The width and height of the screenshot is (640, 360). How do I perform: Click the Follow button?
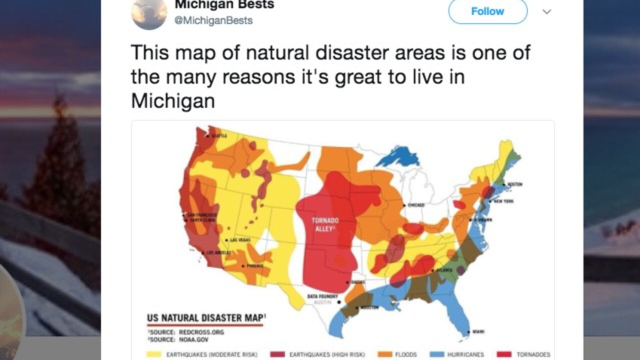(x=487, y=11)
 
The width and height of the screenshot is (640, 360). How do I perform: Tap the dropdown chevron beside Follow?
(x=546, y=11)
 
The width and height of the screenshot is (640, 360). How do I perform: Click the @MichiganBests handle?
(x=213, y=20)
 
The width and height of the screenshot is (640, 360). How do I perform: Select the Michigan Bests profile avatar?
(x=148, y=12)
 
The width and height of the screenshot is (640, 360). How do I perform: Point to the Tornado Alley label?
(x=326, y=224)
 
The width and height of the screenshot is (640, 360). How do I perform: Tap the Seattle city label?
(x=219, y=135)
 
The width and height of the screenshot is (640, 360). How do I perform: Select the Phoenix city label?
(x=254, y=265)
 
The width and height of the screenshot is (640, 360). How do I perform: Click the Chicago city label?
(x=415, y=205)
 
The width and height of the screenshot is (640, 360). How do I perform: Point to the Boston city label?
(x=514, y=184)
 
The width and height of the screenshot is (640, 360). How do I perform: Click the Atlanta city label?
(x=444, y=270)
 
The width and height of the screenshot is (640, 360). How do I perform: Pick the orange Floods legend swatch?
(x=385, y=354)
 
